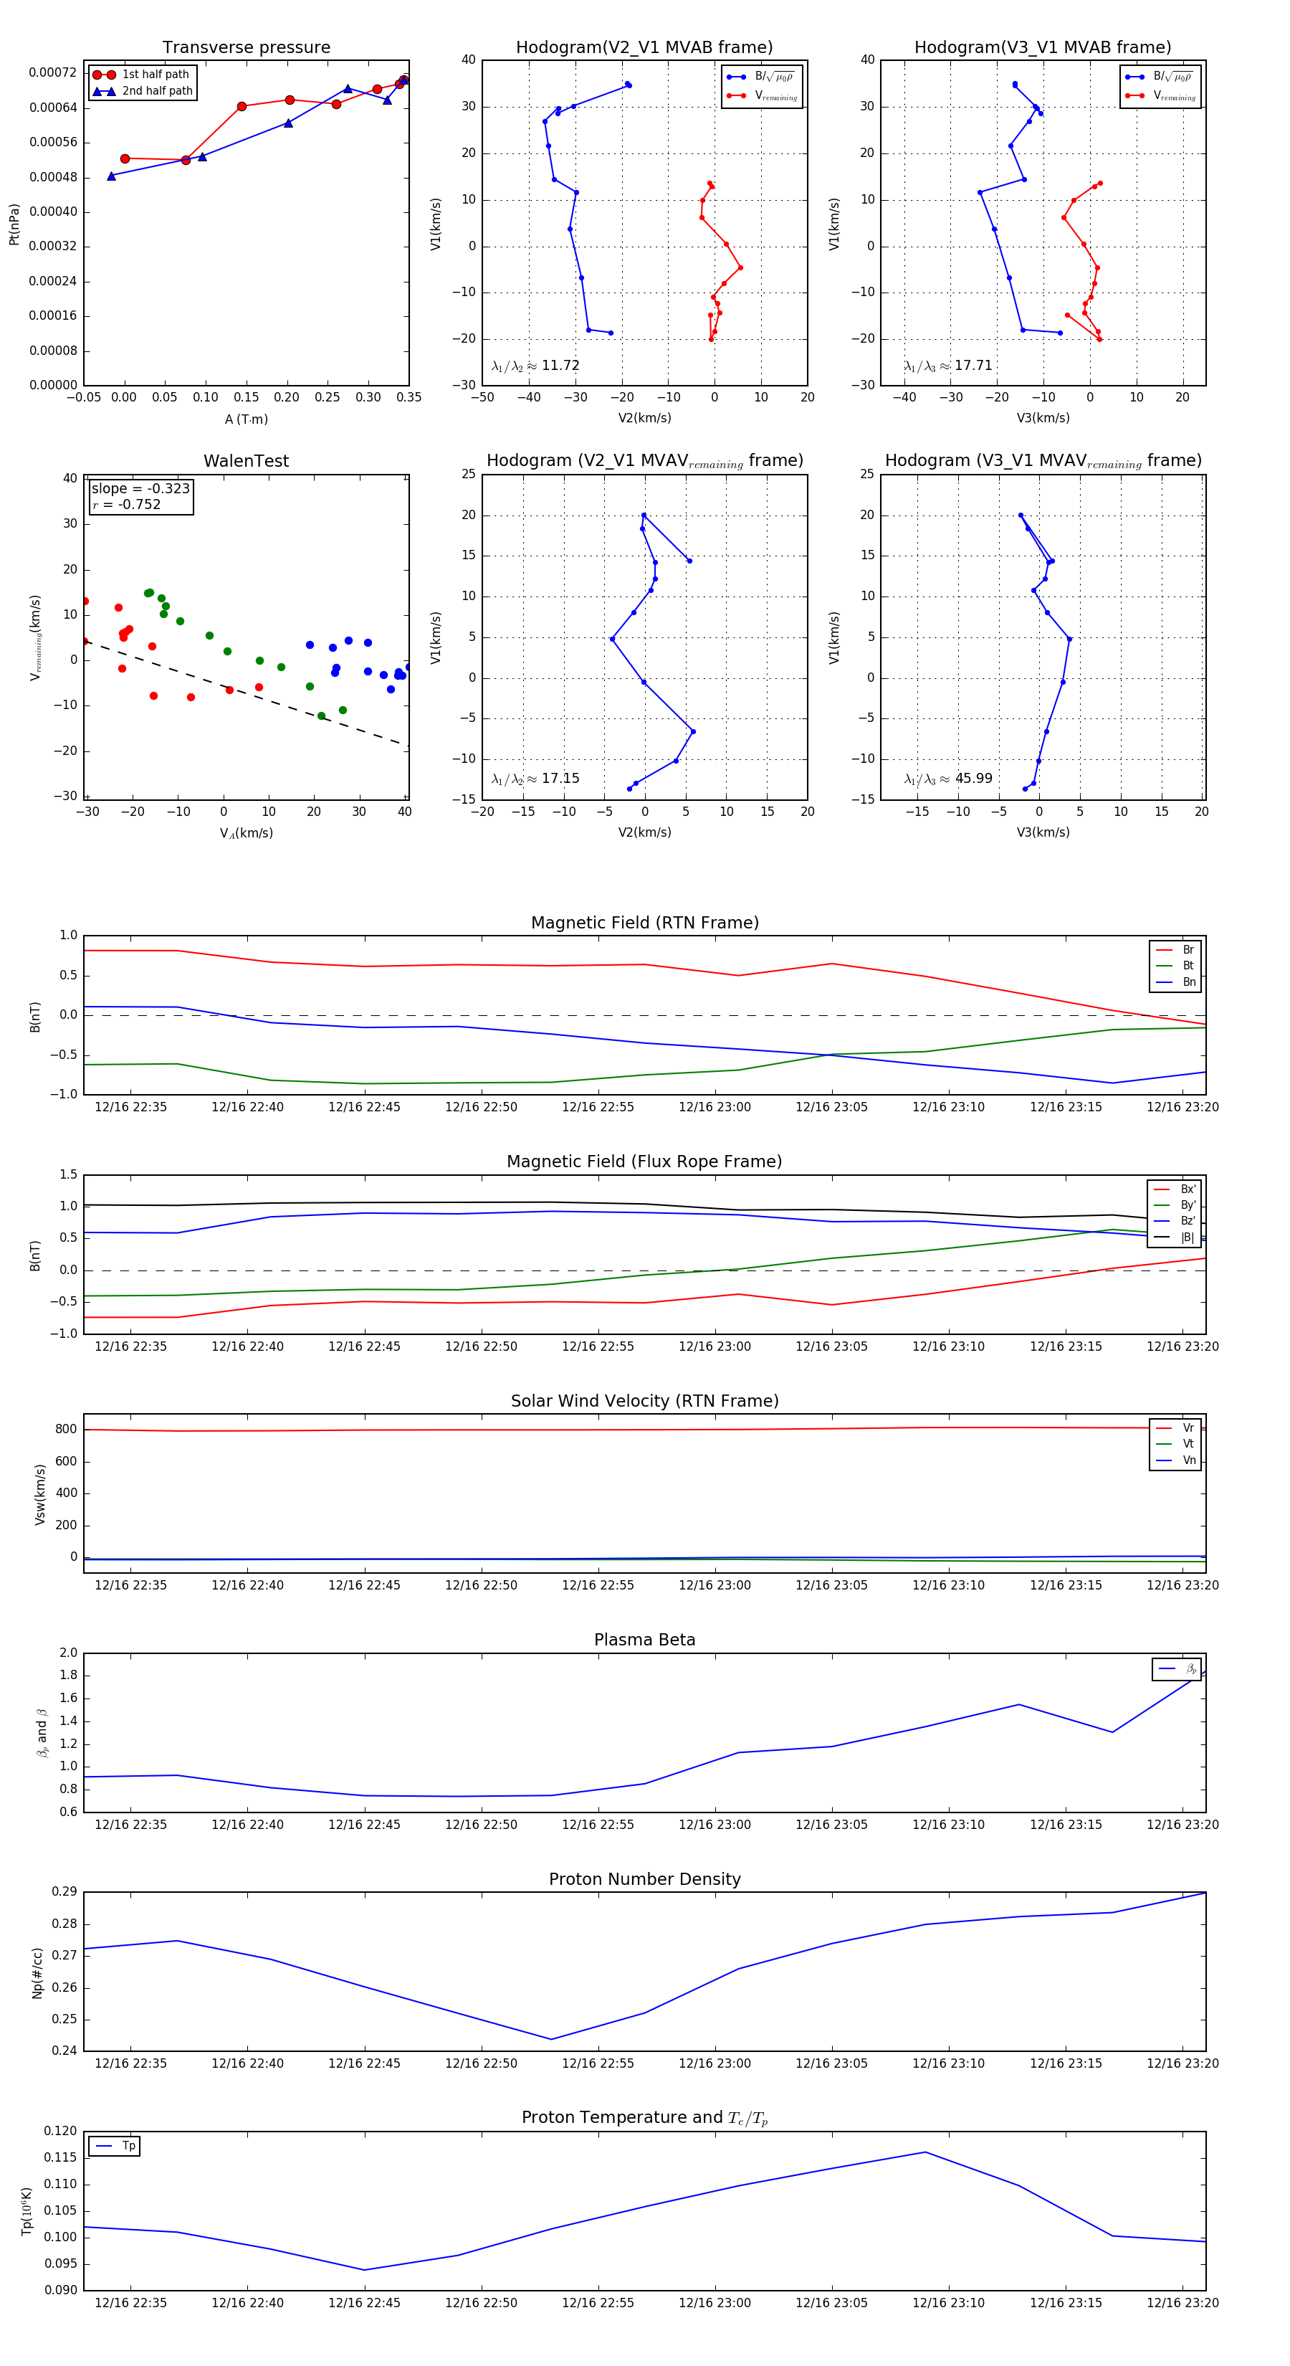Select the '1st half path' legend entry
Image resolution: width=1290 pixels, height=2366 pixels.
click(156, 75)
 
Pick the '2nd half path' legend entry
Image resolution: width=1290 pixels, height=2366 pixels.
click(157, 91)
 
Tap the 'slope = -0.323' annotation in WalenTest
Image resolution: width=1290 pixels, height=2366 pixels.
click(140, 489)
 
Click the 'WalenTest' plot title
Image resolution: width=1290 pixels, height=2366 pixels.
click(246, 461)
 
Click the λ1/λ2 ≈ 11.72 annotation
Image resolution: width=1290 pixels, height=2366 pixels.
click(535, 366)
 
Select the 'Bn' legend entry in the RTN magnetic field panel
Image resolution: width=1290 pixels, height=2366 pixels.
click(1188, 982)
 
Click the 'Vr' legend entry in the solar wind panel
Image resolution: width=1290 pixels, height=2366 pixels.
click(1188, 1428)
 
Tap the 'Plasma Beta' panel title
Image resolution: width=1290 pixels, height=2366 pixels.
click(644, 1640)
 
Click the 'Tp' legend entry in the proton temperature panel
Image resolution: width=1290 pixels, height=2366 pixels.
click(128, 2147)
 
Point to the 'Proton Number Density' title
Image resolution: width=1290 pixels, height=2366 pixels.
click(644, 1879)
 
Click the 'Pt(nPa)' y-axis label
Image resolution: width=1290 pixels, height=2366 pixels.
click(14, 224)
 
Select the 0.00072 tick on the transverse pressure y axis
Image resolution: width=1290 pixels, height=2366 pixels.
click(52, 72)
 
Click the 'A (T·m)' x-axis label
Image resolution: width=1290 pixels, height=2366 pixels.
click(246, 419)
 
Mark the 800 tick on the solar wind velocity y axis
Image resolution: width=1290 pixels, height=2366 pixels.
click(66, 1429)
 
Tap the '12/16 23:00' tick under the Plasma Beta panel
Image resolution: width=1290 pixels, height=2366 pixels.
click(715, 1824)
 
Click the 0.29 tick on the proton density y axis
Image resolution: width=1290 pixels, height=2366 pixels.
click(64, 1892)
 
